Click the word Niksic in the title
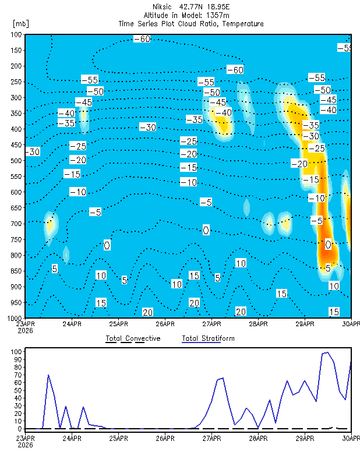tap(162, 6)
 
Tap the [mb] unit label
tap(21, 23)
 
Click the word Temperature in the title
tap(243, 24)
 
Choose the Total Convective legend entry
tap(133, 338)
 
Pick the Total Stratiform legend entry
tap(208, 338)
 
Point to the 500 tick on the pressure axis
tap(17, 161)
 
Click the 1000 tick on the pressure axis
tap(15, 318)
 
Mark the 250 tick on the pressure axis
tap(17, 82)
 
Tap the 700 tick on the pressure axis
tap(17, 224)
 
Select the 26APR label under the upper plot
tap(165, 324)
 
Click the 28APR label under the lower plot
tap(258, 439)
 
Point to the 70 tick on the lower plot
tap(18, 375)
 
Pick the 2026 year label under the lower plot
tap(25, 445)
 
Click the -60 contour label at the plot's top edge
tap(142, 39)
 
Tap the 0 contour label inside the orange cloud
tap(328, 245)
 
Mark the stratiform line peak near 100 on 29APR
tap(327, 352)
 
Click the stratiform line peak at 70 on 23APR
tap(48, 375)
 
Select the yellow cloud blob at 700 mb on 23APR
tap(50, 225)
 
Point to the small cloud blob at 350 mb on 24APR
tap(83, 115)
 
